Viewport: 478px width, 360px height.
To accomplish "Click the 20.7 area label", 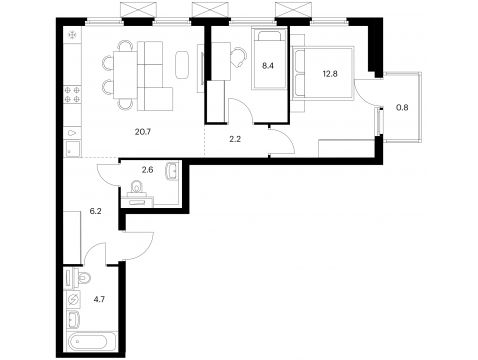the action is tap(143, 132).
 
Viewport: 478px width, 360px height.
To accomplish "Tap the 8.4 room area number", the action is tap(268, 66).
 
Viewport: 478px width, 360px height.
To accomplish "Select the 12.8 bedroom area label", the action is tap(330, 74).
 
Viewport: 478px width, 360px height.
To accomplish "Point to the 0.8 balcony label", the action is tap(402, 108).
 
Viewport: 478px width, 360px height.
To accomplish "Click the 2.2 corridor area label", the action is tap(235, 139).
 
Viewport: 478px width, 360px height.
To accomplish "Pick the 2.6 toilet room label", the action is tap(147, 170).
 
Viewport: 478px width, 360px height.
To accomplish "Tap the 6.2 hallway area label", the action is tap(95, 211).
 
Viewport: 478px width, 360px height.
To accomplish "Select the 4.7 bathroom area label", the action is tap(99, 299).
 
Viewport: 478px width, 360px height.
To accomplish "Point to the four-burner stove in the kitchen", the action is tap(73, 94).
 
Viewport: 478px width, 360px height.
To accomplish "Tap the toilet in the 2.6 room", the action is tap(136, 187).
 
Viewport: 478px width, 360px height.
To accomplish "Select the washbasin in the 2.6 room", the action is tap(172, 171).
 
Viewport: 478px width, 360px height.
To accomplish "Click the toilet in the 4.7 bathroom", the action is tap(82, 278).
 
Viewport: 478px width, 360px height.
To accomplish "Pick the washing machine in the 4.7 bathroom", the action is tap(74, 300).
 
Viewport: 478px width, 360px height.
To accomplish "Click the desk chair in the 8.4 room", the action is tap(239, 56).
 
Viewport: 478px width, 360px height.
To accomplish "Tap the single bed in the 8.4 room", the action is tap(269, 59).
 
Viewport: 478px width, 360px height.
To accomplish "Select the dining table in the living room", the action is tap(125, 75).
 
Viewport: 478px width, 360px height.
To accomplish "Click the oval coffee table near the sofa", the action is tap(182, 65).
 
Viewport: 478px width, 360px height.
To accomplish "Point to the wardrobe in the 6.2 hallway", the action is tap(73, 237).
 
